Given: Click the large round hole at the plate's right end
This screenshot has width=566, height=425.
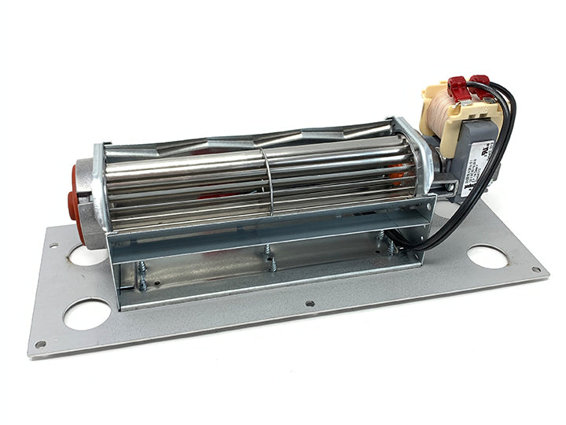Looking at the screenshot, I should [x=488, y=257].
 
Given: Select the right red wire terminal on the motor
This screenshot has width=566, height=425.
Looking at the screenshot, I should [x=479, y=79].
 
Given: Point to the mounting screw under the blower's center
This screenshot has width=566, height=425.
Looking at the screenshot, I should [x=271, y=261].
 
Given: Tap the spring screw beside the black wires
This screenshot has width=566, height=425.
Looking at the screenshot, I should [x=386, y=244].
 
